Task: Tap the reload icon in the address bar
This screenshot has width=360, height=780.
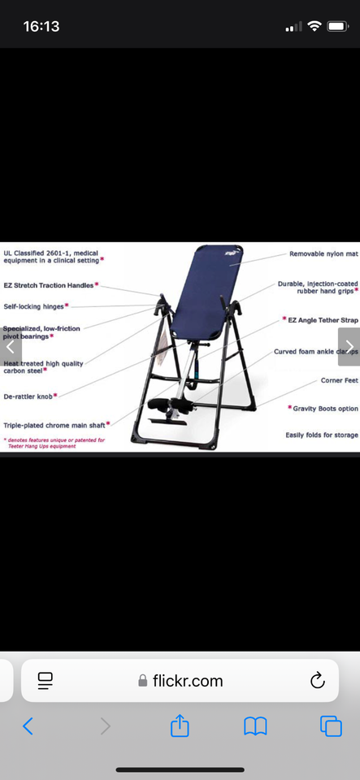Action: (x=318, y=681)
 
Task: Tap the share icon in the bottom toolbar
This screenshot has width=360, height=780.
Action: (x=180, y=726)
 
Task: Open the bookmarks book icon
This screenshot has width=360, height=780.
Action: (x=255, y=726)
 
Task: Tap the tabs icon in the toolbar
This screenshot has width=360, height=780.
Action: (x=331, y=726)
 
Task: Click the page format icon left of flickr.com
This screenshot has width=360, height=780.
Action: (x=46, y=681)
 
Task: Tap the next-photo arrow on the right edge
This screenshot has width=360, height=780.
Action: (x=349, y=346)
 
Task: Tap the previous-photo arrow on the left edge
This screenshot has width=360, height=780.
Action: (x=10, y=346)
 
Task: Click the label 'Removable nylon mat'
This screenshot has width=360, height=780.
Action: (x=323, y=254)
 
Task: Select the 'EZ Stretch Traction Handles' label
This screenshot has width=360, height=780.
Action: (x=49, y=285)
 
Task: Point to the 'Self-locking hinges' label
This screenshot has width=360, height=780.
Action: (x=34, y=306)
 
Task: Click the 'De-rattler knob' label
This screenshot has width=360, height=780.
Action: (x=29, y=396)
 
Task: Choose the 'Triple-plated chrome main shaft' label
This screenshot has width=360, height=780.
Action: (x=54, y=424)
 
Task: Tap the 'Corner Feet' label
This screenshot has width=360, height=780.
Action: (x=339, y=380)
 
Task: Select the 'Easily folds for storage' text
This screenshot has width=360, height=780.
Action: (x=321, y=435)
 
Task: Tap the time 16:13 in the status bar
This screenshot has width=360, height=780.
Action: (x=41, y=26)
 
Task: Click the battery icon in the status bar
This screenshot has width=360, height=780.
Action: (x=337, y=26)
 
